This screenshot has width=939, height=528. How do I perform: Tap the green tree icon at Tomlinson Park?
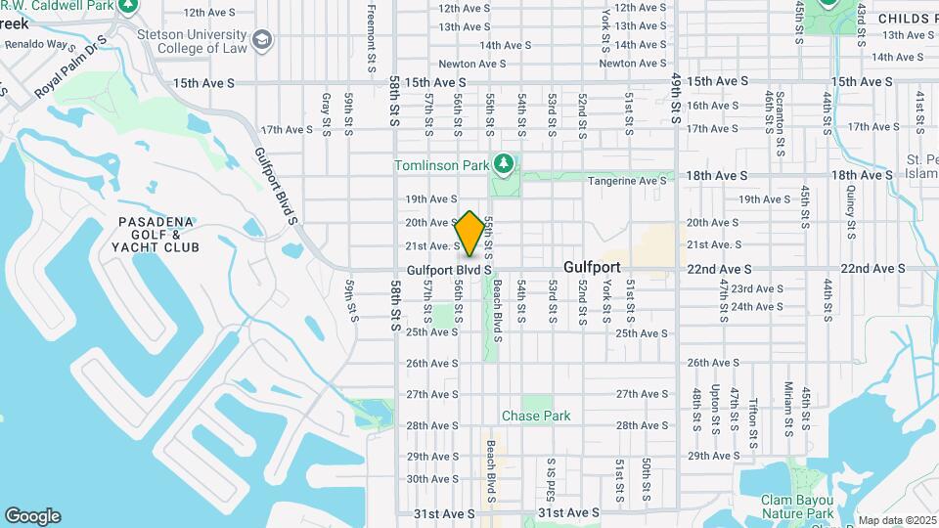[504, 163]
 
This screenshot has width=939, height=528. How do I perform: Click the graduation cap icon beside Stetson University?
[262, 39]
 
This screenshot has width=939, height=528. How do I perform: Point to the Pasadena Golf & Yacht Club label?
[158, 235]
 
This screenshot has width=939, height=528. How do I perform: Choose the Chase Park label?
[536, 416]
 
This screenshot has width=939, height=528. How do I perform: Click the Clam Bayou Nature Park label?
[797, 506]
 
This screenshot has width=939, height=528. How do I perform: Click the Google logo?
[32, 516]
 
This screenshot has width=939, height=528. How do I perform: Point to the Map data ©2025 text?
[896, 520]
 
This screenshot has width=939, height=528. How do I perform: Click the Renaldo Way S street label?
[37, 45]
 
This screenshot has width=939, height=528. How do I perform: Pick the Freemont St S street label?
[372, 37]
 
